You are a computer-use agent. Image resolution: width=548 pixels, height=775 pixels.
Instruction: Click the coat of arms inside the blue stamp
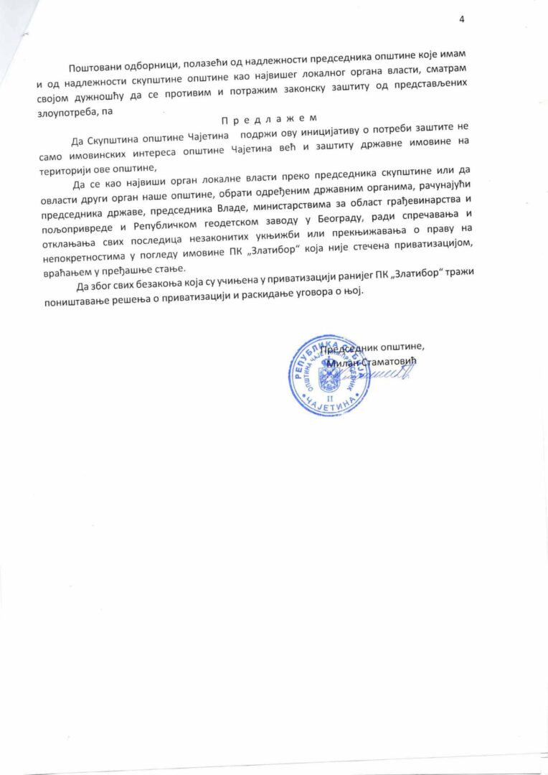329,377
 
